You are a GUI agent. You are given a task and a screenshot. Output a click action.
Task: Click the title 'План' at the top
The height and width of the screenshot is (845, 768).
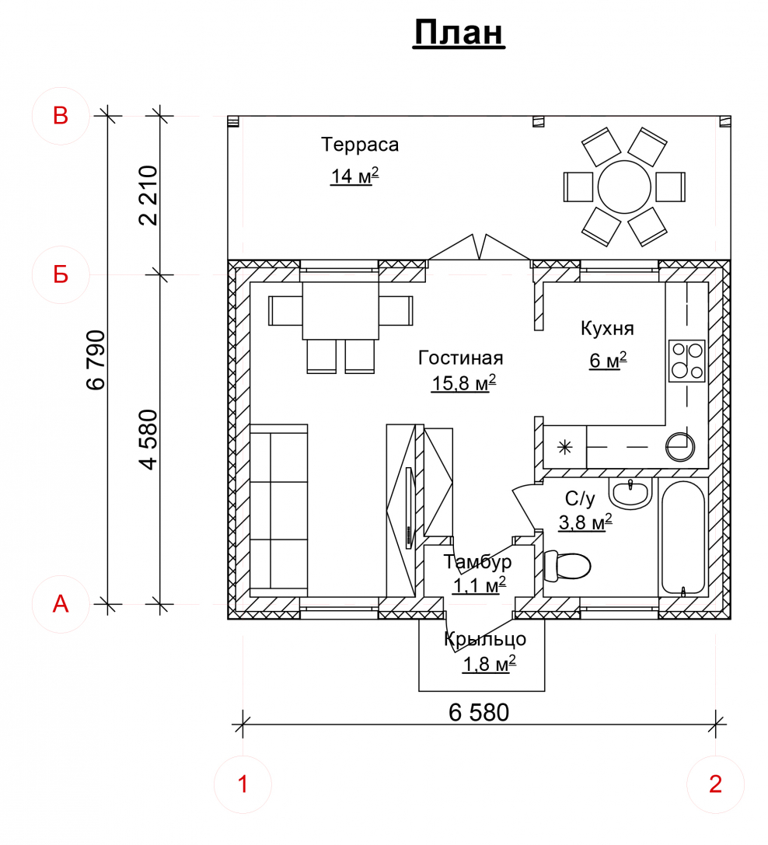[459, 33]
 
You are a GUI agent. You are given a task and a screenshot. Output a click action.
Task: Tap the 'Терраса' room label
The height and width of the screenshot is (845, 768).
[360, 145]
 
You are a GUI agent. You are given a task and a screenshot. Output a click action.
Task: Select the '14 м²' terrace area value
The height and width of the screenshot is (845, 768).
[354, 176]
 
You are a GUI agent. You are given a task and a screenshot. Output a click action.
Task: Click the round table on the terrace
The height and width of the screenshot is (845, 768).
[624, 187]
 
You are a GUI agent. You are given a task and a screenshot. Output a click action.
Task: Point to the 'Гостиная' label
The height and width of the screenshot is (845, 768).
[461, 358]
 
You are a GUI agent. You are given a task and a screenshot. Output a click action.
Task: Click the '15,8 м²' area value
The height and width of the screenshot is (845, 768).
[463, 382]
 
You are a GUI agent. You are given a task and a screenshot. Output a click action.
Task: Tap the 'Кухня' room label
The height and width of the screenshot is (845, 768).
[607, 328]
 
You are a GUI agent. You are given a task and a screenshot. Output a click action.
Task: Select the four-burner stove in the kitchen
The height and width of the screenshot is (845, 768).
[686, 361]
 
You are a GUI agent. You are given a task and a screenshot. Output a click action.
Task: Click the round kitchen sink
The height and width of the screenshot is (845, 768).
[680, 447]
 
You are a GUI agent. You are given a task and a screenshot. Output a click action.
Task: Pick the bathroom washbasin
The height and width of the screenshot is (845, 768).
[630, 494]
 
